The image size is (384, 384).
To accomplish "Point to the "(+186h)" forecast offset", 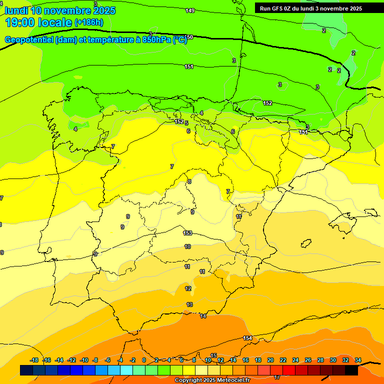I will pos(89,22).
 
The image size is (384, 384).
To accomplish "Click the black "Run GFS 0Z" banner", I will pos(311,8).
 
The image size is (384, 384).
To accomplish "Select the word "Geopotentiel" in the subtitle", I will pos(29,40).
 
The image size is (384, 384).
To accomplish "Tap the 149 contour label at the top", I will pos(190,10).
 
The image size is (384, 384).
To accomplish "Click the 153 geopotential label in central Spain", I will pos(187,233).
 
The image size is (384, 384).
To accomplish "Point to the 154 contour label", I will pos(247,338).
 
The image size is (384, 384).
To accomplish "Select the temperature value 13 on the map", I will pos(189,304).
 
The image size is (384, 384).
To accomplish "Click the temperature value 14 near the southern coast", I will pos(203,316).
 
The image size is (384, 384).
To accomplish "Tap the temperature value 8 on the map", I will pos(189,181).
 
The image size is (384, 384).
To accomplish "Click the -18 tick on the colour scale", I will pos(34,360).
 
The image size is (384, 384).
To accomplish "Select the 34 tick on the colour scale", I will pos(358,360).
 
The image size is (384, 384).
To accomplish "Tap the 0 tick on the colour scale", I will pos(144,360).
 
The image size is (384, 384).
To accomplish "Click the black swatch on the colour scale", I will pos(351,370).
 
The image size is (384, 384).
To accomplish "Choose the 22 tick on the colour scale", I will pos(283,360).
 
